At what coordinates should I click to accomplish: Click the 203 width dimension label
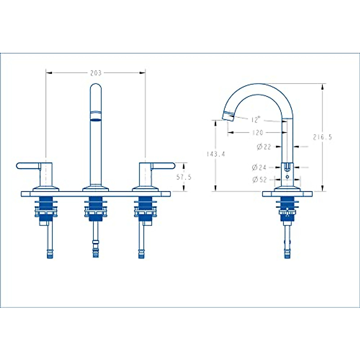coord(96,73)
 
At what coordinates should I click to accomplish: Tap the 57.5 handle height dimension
coord(184,177)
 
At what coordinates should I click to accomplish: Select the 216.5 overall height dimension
coord(322,137)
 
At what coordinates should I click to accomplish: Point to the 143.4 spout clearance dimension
coord(216,154)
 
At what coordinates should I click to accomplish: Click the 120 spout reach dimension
coord(258,133)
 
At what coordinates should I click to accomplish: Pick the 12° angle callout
coord(256,119)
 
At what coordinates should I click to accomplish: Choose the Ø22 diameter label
coord(264,147)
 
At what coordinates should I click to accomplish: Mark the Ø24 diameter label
coord(259,167)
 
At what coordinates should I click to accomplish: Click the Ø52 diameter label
coord(259,180)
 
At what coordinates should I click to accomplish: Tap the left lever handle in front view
coord(28,166)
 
